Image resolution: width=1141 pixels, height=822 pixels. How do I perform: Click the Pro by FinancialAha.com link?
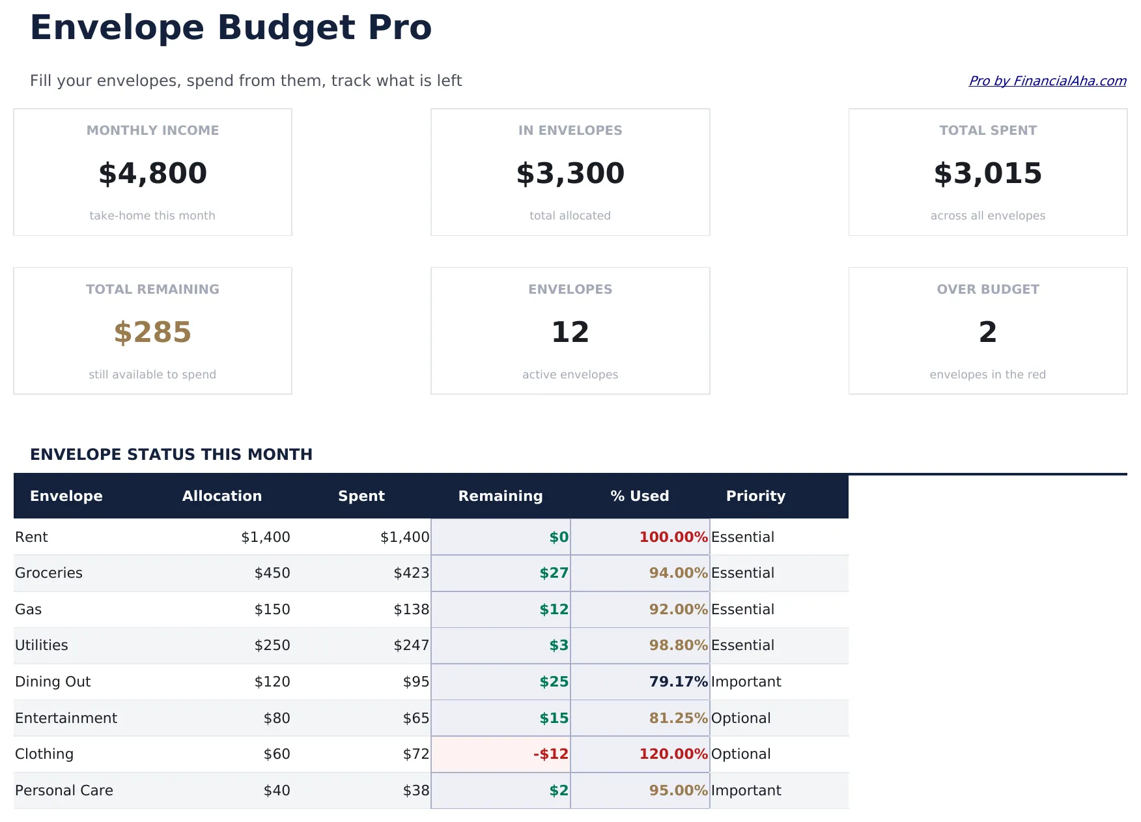pos(1047,81)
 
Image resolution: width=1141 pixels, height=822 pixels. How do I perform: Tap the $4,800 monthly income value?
pos(152,173)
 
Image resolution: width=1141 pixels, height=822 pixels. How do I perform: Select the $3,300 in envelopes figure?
pos(570,173)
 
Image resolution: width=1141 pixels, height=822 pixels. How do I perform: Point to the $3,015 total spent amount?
pos(987,173)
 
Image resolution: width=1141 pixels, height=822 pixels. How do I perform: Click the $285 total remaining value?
pos(152,332)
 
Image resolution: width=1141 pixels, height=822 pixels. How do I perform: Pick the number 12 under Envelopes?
pos(570,332)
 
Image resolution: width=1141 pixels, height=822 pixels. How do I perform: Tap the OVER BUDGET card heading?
pos(987,289)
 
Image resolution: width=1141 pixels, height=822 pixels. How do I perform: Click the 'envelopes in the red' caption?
pos(987,375)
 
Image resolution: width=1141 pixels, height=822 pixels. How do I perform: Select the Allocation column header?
pos(221,496)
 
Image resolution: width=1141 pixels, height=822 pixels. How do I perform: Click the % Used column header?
pos(639,496)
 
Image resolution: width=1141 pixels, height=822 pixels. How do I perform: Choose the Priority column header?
pos(755,496)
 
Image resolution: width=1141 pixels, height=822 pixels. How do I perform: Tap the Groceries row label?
pos(49,573)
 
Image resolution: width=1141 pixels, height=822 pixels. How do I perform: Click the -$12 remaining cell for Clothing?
pos(550,754)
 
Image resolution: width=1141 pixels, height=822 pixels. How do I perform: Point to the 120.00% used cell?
pos(673,754)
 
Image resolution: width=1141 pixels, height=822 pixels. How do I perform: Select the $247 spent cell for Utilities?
pos(411,645)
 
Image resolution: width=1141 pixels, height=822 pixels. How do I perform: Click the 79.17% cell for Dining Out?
pos(677,682)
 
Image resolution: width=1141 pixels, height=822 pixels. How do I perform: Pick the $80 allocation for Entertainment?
pos(277,718)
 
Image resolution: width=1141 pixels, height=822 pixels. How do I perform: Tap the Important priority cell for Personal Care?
pos(746,791)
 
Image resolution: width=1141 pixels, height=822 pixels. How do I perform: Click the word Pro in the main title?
pos(399,28)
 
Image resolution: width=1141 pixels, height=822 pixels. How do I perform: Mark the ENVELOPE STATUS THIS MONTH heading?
pos(171,455)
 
